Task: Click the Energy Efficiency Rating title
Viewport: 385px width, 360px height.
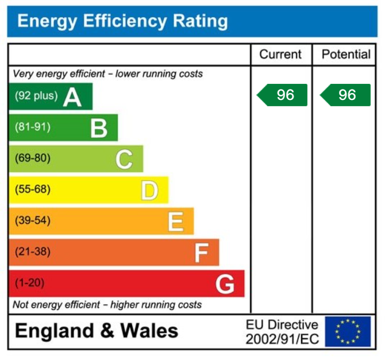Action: tap(122, 22)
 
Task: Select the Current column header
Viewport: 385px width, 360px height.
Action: tap(280, 55)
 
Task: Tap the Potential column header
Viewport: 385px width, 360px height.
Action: tap(346, 55)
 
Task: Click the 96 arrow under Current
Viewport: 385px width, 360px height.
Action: tap(282, 95)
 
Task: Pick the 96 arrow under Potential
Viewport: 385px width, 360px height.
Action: tap(345, 95)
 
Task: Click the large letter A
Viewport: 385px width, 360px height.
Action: tap(72, 97)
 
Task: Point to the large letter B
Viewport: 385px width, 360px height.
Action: tap(99, 128)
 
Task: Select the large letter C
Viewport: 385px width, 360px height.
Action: tap(124, 159)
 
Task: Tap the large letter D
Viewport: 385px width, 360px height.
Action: tap(149, 190)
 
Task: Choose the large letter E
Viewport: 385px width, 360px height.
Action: tap(175, 221)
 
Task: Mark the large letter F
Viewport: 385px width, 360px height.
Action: tap(201, 252)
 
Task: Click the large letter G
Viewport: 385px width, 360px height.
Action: tap(225, 284)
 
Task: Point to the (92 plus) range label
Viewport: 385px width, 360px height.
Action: tap(36, 96)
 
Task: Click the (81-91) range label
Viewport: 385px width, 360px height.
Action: tap(32, 127)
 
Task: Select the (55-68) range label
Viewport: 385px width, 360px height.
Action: tap(32, 189)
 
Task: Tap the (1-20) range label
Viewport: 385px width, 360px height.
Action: tap(29, 283)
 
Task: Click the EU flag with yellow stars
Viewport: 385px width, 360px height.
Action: tap(348, 332)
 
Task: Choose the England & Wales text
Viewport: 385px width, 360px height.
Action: tap(97, 331)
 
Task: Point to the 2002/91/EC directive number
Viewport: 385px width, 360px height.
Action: tap(282, 339)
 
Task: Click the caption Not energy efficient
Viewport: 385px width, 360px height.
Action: tap(107, 304)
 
